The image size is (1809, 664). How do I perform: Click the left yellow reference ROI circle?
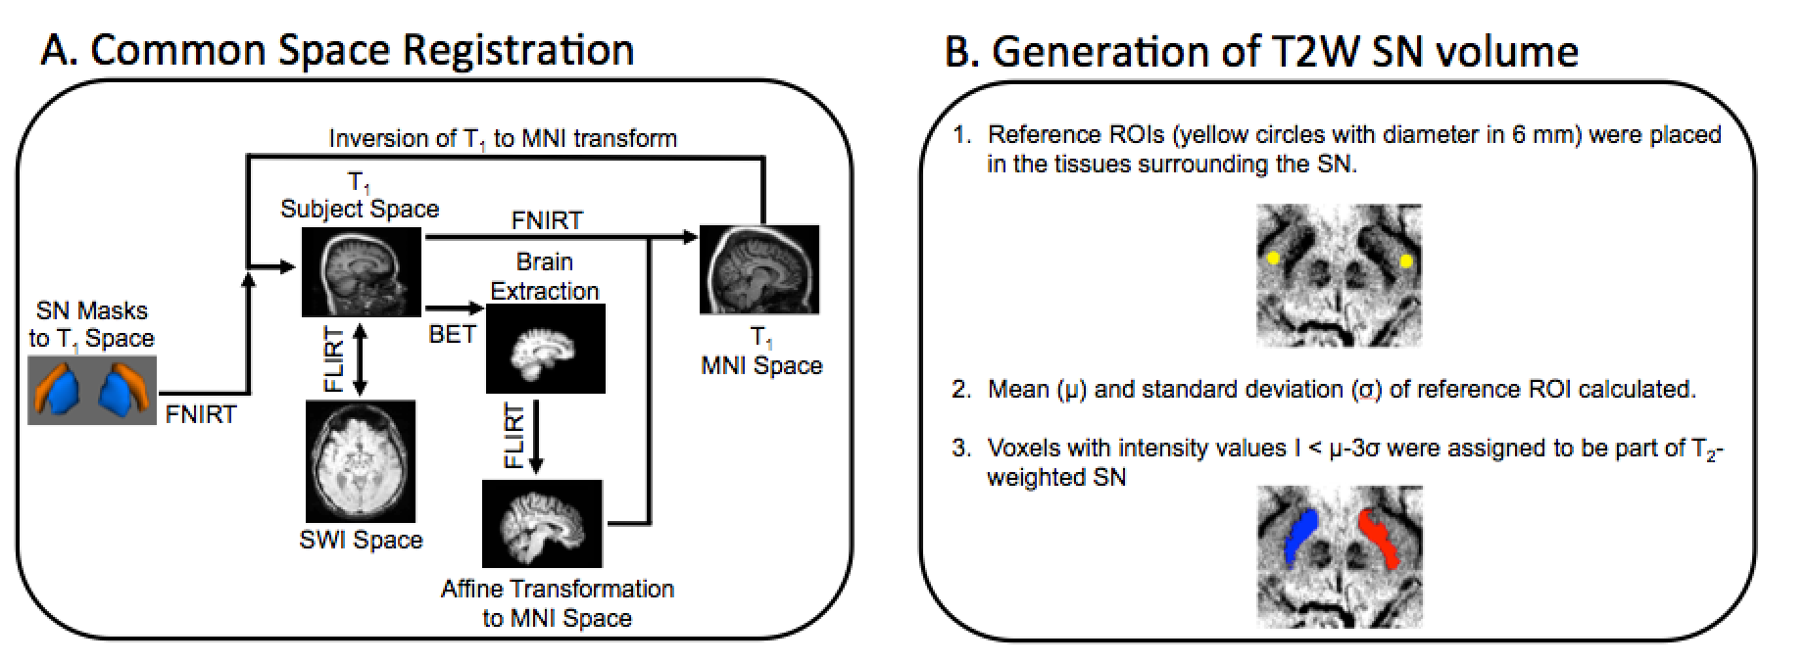point(1272,259)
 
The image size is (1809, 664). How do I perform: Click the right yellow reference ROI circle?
point(1406,261)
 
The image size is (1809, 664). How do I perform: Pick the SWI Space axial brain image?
point(361,461)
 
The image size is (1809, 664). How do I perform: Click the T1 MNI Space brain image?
point(758,268)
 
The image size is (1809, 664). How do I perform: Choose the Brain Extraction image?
point(546,348)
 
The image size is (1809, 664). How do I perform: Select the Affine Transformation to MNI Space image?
point(543,523)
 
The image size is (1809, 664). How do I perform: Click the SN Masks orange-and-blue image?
point(91,390)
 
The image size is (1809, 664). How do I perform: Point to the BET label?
point(452,334)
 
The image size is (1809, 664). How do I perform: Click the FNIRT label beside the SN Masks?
point(201,414)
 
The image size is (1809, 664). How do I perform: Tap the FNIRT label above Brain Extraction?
point(547,220)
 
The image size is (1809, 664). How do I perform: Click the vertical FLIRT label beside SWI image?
point(334,360)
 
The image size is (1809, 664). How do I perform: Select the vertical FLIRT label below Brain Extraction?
point(513,435)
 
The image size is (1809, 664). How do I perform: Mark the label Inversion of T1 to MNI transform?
point(503,138)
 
